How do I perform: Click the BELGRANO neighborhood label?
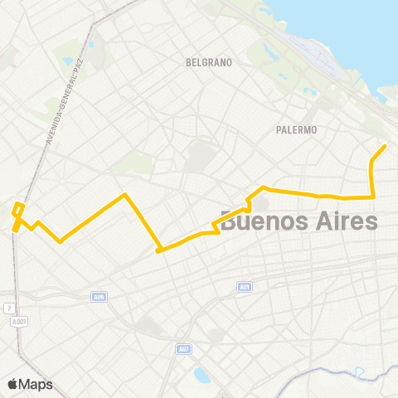tap(209, 62)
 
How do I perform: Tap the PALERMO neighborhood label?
tap(297, 130)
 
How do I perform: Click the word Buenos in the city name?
tap(262, 221)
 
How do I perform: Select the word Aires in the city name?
tap(344, 221)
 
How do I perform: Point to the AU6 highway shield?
tap(99, 296)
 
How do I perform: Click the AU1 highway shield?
tap(244, 287)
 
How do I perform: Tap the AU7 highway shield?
tap(183, 349)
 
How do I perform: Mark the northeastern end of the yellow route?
tap(385, 147)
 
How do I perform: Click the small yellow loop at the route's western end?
tap(18, 211)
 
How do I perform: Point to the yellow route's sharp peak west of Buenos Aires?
tap(124, 195)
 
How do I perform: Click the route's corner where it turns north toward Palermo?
tap(373, 197)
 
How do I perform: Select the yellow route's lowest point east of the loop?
tap(60, 242)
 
